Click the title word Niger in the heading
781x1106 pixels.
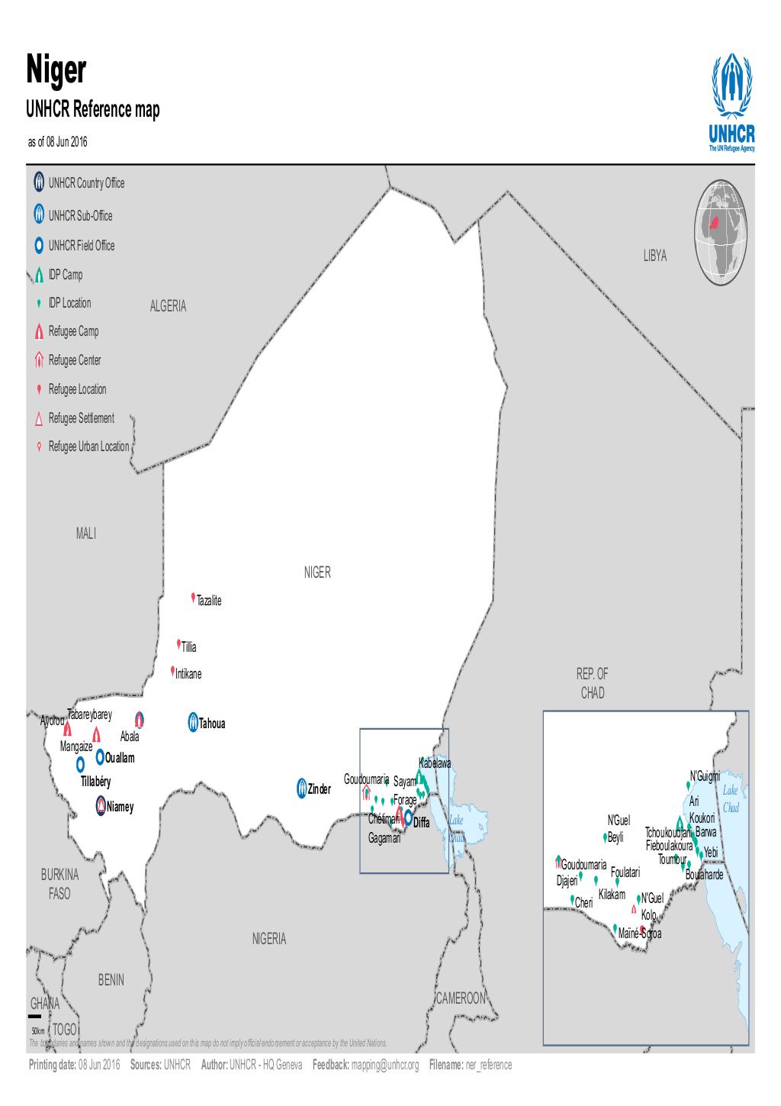[57, 70]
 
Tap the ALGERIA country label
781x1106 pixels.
[168, 306]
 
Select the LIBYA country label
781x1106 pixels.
[654, 256]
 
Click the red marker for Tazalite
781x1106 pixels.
[194, 598]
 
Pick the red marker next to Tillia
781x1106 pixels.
[178, 643]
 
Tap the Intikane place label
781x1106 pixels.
[188, 675]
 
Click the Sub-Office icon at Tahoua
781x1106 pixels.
[192, 721]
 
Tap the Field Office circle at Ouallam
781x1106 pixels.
[100, 756]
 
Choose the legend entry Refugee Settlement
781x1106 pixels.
[81, 418]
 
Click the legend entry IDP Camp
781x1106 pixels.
[65, 275]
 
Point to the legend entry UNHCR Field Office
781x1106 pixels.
[81, 246]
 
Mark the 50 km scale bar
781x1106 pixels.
[34, 1016]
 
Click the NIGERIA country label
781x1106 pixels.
[269, 939]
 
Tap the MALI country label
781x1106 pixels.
[86, 534]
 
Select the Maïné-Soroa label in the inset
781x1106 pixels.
[641, 933]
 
